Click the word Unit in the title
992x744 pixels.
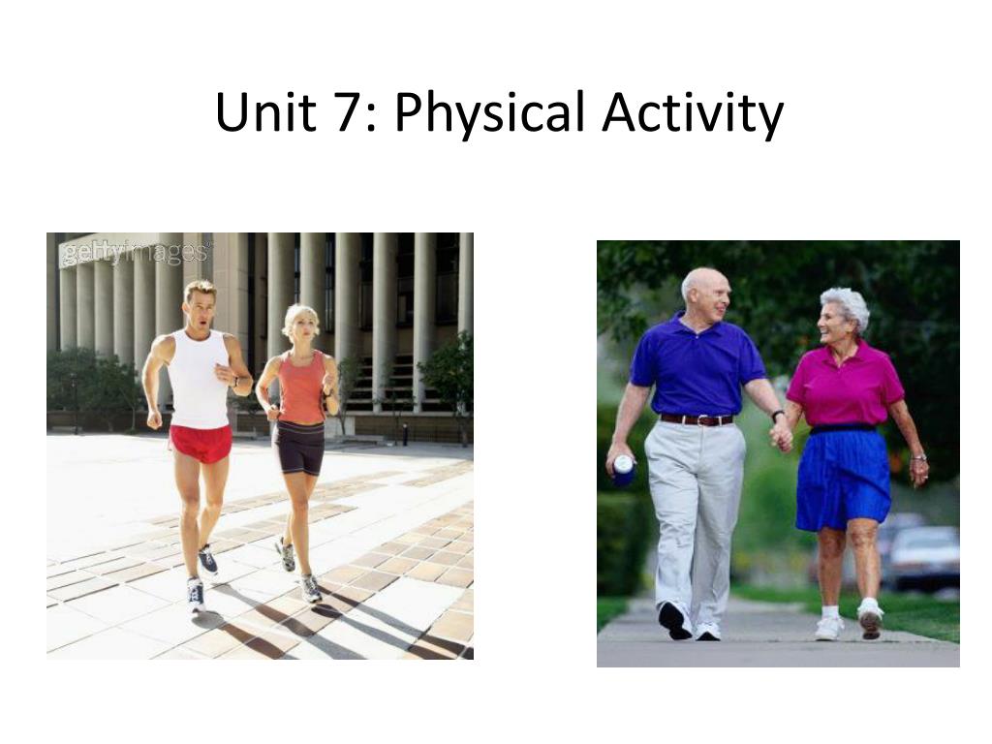(x=265, y=112)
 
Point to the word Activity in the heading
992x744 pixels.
(x=693, y=115)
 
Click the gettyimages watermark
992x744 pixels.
(x=135, y=253)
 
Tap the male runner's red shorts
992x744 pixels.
(x=201, y=442)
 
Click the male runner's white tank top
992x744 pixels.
(x=198, y=379)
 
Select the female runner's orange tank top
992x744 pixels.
(x=302, y=387)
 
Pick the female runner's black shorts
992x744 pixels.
(x=300, y=448)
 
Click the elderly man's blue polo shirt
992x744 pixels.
(x=697, y=364)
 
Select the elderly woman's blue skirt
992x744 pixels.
(x=843, y=479)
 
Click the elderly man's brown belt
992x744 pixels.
(x=697, y=419)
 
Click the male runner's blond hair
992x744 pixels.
(x=201, y=291)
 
